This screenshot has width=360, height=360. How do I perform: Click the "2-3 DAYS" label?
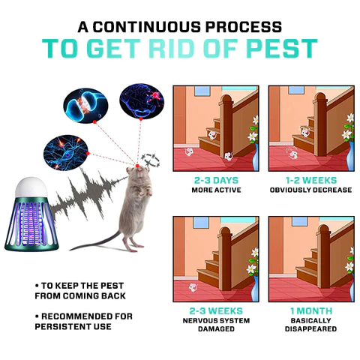click(215, 181)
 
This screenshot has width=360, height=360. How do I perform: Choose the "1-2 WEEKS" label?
click(310, 181)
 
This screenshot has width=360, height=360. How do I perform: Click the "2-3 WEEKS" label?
click(215, 310)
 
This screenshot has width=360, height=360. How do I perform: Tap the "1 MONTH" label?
click(310, 310)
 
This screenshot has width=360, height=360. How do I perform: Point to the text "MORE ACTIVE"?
click(215, 190)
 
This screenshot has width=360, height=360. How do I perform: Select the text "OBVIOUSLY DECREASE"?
click(310, 190)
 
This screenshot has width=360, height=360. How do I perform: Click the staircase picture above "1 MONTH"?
click(310, 259)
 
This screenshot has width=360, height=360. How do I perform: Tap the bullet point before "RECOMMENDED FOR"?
click(37, 316)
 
